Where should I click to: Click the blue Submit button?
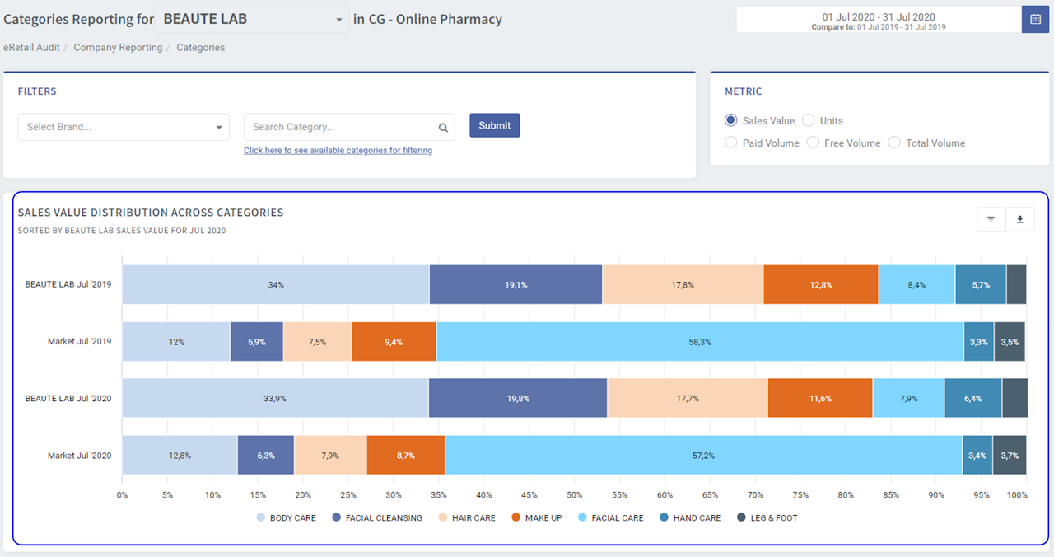point(494,125)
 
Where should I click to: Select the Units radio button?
point(809,120)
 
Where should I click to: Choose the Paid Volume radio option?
point(731,143)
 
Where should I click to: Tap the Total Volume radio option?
point(894,143)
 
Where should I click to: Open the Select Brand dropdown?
point(124,127)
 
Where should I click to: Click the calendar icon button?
point(1035,19)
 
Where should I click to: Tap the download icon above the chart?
point(1019,219)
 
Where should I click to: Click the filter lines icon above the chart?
point(991,219)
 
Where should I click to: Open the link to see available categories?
point(338,151)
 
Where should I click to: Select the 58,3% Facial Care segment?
point(699,342)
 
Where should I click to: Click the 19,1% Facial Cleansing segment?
point(515,285)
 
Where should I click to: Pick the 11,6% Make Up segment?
point(819,399)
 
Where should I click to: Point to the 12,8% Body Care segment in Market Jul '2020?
point(180,456)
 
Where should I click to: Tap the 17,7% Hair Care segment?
point(687,399)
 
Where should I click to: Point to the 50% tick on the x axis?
point(574,495)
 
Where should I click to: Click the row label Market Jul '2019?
point(79,342)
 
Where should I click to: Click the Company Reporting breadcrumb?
point(118,48)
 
